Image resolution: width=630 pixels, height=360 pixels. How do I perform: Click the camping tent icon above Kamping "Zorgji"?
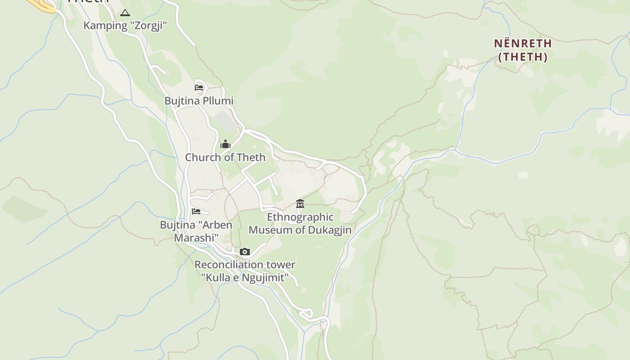[x=125, y=13]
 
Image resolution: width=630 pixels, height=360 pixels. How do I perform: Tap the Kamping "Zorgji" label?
[x=125, y=26]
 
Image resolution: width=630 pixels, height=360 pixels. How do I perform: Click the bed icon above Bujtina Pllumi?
[x=199, y=87]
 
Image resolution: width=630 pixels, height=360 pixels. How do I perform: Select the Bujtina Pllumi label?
[x=199, y=101]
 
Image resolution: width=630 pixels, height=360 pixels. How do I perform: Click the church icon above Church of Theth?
[x=225, y=144]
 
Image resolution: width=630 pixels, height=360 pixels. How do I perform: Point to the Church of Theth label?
[x=225, y=157]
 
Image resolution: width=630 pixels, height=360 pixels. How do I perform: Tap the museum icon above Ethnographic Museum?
[x=300, y=204]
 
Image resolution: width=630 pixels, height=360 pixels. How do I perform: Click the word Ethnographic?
[x=300, y=217]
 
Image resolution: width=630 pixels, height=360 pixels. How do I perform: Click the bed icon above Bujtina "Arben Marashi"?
[x=196, y=211]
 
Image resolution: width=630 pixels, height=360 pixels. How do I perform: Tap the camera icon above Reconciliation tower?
[x=245, y=252]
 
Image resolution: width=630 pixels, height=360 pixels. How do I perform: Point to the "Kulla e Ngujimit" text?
[x=245, y=278]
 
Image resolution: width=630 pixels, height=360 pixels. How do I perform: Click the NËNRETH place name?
[x=523, y=44]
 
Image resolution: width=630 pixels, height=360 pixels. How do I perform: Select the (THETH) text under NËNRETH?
[x=523, y=57]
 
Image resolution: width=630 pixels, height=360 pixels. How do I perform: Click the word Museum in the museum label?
[x=274, y=230]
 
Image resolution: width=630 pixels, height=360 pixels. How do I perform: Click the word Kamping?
[x=105, y=26]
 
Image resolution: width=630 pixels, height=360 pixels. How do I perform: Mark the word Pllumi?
[x=218, y=101]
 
